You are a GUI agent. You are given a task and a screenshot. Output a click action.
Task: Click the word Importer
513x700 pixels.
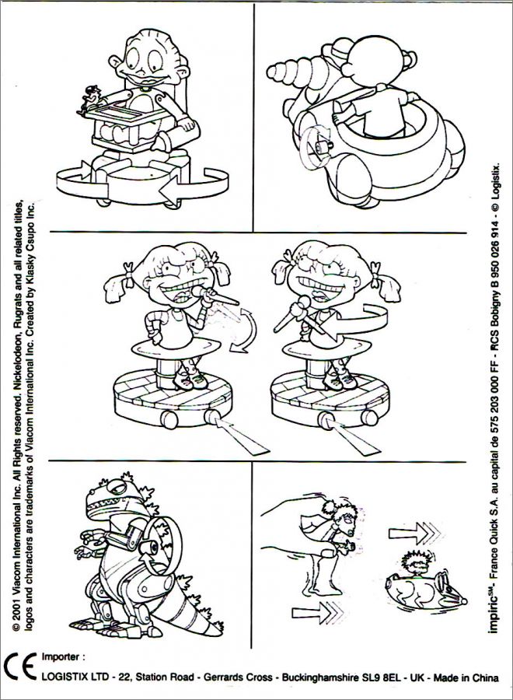click(63, 656)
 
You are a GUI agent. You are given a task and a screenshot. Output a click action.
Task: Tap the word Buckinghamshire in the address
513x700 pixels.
click(320, 677)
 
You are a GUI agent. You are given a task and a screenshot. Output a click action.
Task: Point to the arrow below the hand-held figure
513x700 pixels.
click(318, 612)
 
